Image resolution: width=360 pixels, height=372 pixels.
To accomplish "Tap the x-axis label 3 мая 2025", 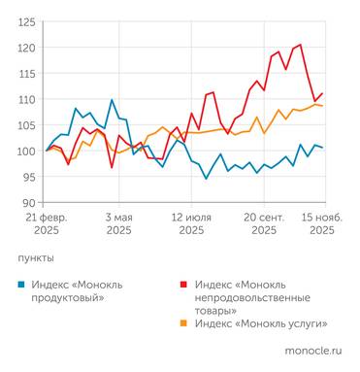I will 118,224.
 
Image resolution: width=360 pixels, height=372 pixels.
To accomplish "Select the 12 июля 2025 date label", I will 190,224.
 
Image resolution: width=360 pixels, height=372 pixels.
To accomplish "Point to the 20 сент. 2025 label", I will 263,224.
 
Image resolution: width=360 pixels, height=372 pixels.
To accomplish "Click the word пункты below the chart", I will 36,259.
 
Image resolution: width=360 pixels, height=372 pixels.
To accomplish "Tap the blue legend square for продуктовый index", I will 23,284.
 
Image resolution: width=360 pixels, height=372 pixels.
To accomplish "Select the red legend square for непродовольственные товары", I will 182,284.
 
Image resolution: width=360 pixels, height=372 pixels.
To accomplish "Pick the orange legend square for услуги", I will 182,322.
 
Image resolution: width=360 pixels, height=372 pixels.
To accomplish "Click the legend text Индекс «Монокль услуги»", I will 260,322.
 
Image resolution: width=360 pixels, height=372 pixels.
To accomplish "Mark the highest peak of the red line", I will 300,44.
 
